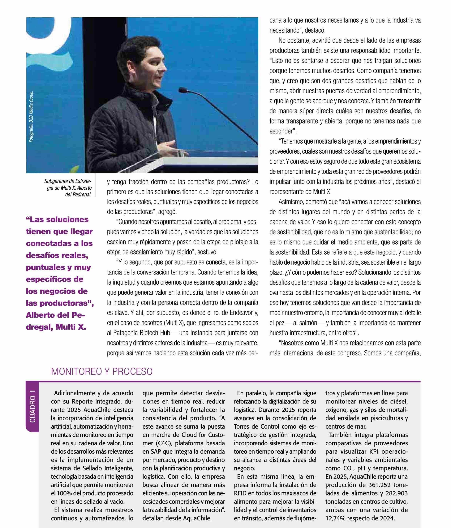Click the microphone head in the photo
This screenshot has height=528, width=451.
point(183,90)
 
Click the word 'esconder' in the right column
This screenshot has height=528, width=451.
point(280,131)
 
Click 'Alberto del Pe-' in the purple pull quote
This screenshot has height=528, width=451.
point(55,315)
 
